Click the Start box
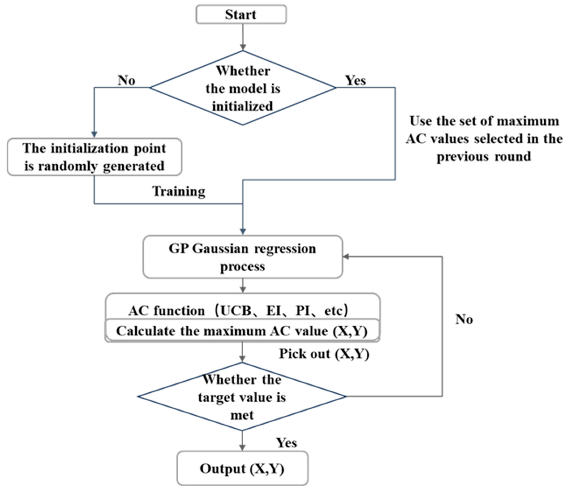(x=241, y=14)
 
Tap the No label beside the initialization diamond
(x=126, y=80)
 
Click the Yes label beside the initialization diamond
(x=355, y=80)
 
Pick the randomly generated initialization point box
(x=94, y=157)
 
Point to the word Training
(x=179, y=191)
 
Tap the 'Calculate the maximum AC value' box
(x=242, y=331)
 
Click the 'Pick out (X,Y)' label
(x=324, y=354)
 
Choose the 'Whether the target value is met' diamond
(x=242, y=397)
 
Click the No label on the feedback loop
(x=464, y=319)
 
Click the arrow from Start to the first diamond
(x=243, y=37)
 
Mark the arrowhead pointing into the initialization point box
(x=94, y=134)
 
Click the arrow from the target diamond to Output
(x=242, y=440)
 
